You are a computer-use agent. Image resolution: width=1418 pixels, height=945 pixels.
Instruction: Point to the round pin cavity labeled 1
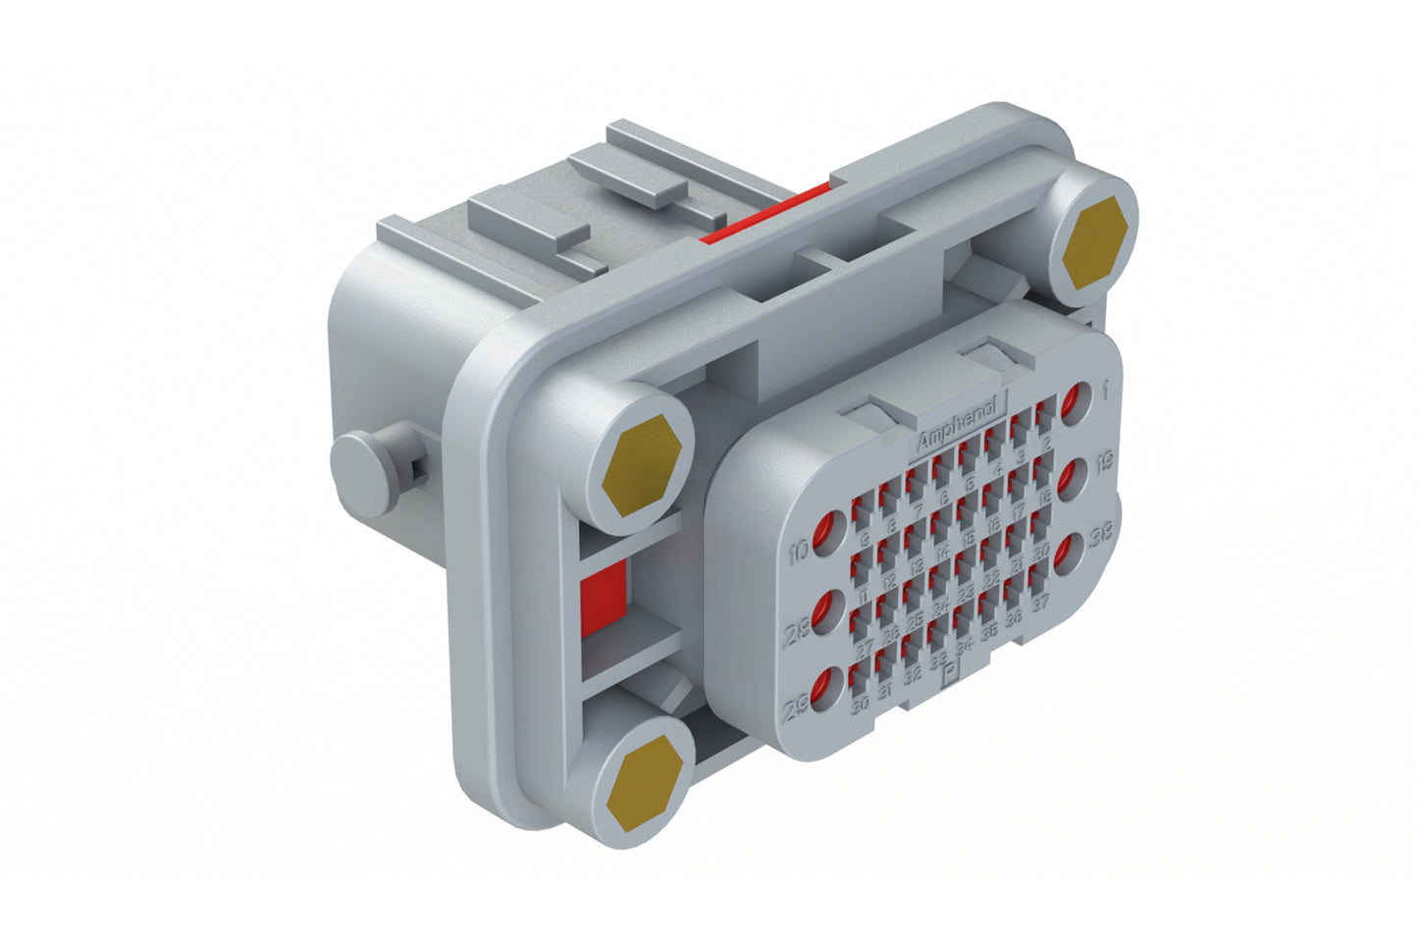1075,402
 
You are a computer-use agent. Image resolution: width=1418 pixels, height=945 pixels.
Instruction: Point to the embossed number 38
1100,536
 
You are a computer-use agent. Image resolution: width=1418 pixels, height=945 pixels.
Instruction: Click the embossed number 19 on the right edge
1104,461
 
